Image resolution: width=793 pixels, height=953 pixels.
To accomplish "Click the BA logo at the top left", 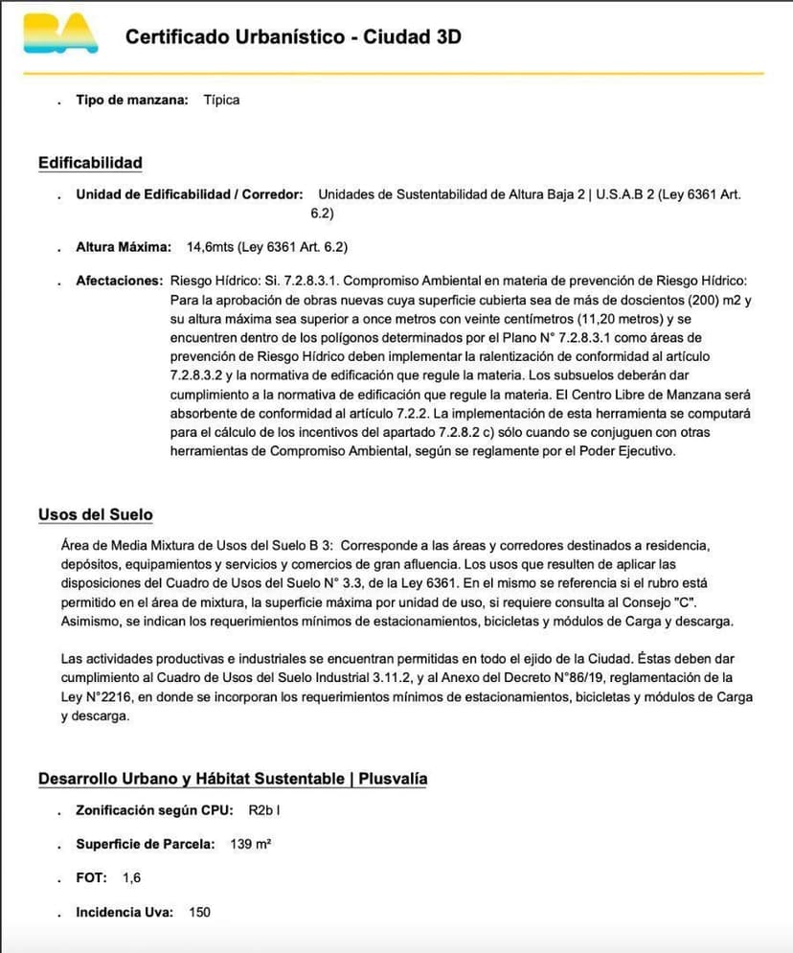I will coord(60,34).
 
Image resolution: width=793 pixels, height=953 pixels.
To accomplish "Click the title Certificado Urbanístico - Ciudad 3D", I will coord(293,37).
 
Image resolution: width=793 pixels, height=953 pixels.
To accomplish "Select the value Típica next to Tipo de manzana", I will coord(221,100).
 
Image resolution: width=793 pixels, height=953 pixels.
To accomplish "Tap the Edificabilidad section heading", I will coord(90,163).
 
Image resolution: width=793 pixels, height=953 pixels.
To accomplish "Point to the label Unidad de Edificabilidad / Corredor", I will coord(190,193).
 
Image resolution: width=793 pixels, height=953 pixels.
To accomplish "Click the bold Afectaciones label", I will coord(120,281).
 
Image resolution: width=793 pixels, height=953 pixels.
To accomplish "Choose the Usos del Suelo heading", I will coord(96,514).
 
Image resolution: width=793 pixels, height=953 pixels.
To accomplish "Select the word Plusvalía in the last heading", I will coord(394,779).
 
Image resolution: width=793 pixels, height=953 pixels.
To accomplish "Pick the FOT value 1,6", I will coord(132,877).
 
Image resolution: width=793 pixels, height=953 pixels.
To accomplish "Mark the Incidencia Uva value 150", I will coord(199,912).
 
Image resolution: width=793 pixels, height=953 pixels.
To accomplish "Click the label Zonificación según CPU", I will coord(154,810).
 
